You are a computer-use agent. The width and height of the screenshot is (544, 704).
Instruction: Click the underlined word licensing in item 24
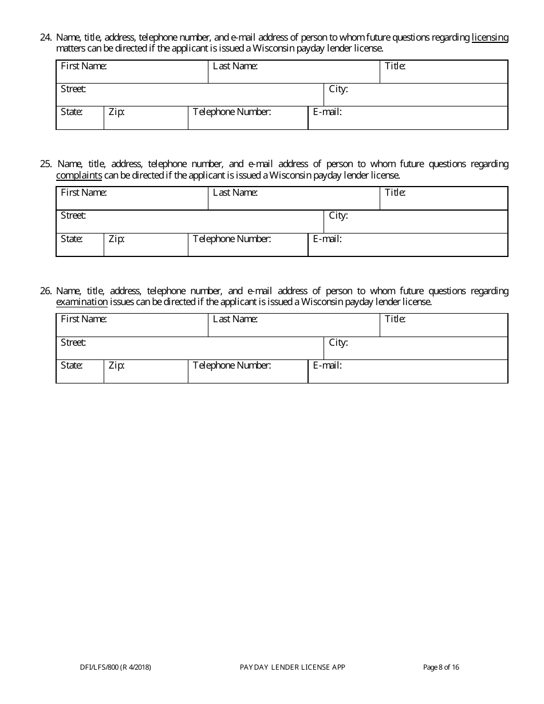490,38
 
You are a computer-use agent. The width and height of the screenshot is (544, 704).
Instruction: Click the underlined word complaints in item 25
79,176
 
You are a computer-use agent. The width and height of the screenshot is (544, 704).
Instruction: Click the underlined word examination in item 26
82,302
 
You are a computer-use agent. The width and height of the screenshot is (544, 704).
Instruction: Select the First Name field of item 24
132,72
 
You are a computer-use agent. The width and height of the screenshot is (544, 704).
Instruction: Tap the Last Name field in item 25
294,199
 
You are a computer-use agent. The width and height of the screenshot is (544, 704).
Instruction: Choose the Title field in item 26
444,325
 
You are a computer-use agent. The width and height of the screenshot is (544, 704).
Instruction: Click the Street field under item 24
190,95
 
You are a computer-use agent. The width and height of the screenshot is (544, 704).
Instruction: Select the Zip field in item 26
146,371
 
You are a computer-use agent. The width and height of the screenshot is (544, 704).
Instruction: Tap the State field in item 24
80,118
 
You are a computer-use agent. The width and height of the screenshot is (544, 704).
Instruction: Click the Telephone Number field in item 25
248,245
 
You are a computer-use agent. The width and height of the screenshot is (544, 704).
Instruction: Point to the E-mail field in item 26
408,371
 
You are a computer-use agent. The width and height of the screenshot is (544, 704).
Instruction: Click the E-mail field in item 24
408,118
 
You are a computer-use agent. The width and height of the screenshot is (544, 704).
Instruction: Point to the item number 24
46,38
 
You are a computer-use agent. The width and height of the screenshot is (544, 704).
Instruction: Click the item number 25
46,164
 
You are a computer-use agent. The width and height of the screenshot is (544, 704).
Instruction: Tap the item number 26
46,291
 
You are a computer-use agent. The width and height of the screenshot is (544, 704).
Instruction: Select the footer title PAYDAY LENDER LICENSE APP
293,667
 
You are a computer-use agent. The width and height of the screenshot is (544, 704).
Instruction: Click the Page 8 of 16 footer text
441,667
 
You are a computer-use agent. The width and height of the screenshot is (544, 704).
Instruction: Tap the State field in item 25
80,245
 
